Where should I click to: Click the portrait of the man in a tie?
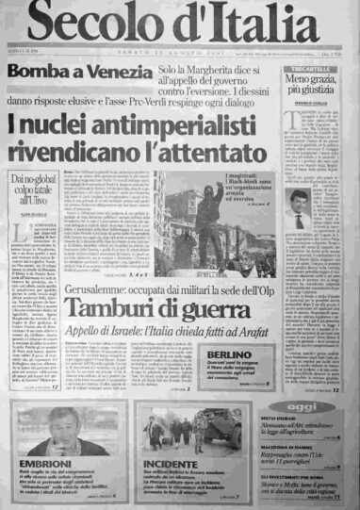tap(328, 213)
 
